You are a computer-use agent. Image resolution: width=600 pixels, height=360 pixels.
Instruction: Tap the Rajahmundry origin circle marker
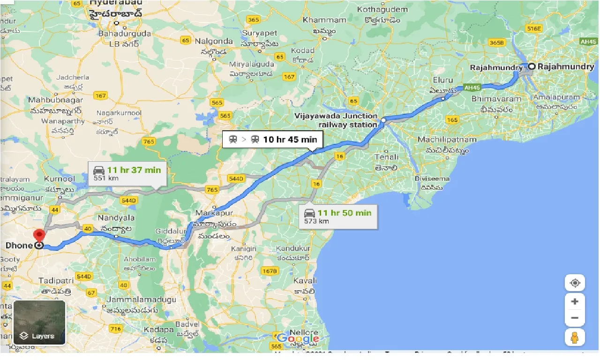tap(532, 67)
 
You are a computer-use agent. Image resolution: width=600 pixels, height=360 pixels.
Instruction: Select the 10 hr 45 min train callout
tap(272, 139)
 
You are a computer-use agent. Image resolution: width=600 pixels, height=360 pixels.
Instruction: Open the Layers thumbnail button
tap(39, 322)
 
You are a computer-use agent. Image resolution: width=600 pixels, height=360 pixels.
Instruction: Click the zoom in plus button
tap(575, 301)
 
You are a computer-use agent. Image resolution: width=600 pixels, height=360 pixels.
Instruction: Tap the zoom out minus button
tap(575, 318)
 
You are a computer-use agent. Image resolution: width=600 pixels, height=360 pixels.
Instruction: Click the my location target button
tap(575, 283)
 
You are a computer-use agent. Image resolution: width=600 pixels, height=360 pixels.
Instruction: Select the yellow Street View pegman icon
tap(575, 338)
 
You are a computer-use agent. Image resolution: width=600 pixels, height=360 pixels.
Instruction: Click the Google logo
tap(298, 339)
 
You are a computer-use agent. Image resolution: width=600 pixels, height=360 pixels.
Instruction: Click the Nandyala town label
tap(116, 217)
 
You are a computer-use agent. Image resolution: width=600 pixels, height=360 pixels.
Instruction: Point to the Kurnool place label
tap(59, 179)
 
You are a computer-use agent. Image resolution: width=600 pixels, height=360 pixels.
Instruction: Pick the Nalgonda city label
tap(214, 41)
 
